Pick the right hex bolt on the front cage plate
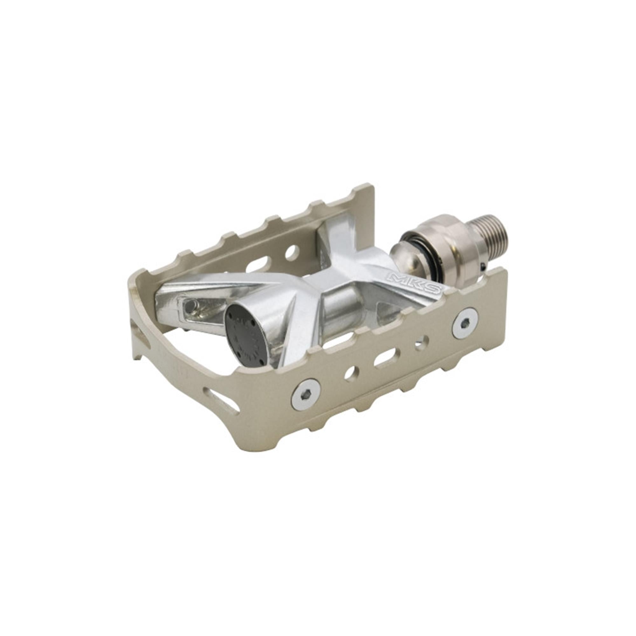(465, 324)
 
